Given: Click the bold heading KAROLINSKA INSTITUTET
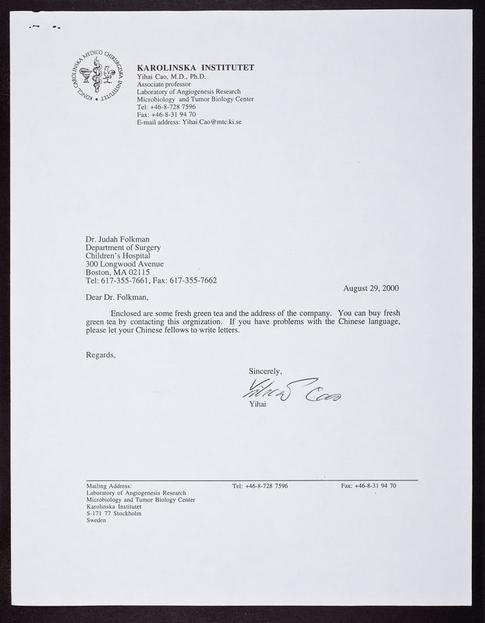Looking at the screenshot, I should (x=194, y=68).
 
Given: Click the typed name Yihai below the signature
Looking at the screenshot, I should (x=258, y=404).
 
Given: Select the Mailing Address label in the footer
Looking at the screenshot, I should (x=109, y=485).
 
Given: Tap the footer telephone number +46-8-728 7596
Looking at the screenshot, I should (x=267, y=485).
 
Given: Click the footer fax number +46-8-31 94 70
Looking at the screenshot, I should (x=374, y=485).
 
